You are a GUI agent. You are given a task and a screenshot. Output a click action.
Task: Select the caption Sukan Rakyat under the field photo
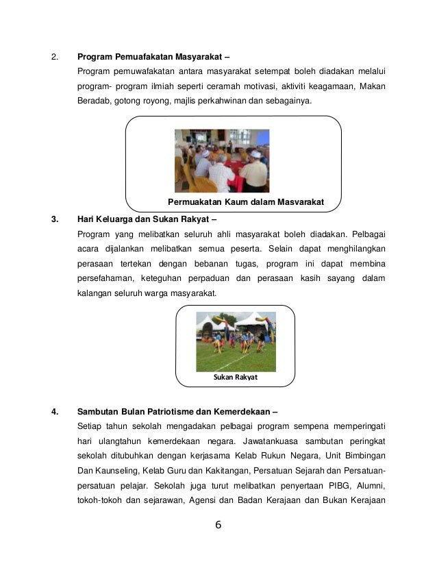235,376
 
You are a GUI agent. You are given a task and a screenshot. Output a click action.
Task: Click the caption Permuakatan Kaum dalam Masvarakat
245,202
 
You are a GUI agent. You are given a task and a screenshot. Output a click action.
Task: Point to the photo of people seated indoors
221,160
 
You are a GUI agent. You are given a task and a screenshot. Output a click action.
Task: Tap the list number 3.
55,220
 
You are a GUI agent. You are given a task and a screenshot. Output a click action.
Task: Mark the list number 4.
55,412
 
